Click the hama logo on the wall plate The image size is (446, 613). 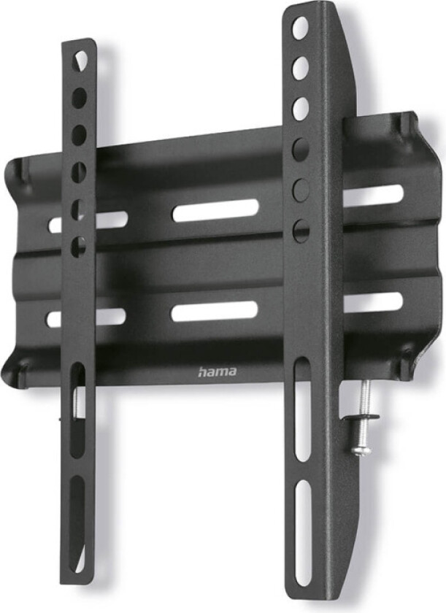coord(217,372)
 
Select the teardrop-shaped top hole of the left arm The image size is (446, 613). coord(81,57)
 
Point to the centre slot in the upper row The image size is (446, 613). coord(215,211)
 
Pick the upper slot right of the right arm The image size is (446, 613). coord(373,195)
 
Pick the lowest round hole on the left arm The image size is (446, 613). coord(77,246)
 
